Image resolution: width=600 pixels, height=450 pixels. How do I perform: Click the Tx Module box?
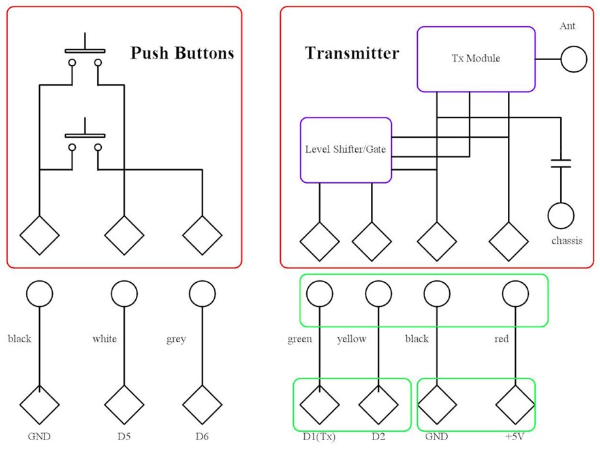click(x=476, y=59)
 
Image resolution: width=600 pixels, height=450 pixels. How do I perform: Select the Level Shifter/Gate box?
click(x=345, y=150)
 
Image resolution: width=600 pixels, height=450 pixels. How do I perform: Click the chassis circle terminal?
click(x=561, y=216)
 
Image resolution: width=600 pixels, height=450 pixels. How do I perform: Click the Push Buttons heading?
click(x=182, y=53)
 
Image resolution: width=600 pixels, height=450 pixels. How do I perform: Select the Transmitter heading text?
click(x=351, y=53)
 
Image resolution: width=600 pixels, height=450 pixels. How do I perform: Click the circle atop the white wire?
click(x=124, y=294)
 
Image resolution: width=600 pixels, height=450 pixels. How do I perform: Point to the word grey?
click(x=176, y=339)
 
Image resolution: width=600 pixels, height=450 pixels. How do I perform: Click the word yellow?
click(x=351, y=339)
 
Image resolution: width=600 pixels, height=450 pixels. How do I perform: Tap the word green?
click(x=300, y=339)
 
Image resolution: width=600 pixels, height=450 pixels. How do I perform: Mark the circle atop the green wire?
click(x=320, y=294)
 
